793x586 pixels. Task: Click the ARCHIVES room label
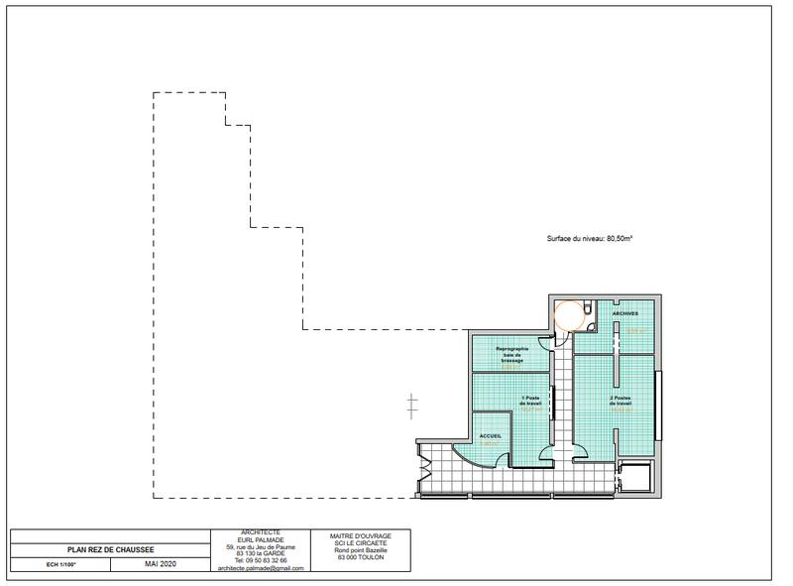(624, 313)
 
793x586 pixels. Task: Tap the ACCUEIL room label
(491, 436)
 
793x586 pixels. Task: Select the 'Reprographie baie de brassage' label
(511, 354)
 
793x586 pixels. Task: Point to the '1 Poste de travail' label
(534, 402)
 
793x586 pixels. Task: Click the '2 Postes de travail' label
(621, 402)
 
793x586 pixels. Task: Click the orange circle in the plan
(569, 316)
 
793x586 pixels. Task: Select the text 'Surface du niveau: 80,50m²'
(590, 239)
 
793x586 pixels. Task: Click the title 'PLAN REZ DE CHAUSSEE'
(110, 549)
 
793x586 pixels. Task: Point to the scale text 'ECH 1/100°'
(60, 563)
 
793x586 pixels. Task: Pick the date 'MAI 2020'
(159, 563)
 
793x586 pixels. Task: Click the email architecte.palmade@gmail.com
(261, 568)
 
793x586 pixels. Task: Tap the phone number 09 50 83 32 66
(261, 560)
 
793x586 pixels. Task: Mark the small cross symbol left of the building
(412, 404)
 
